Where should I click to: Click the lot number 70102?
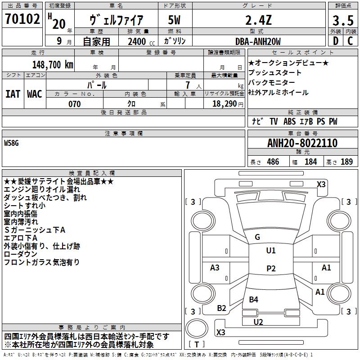22,20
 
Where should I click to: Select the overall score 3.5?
342,20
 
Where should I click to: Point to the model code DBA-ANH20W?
258,41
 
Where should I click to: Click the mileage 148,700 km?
53,64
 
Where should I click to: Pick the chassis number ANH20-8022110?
302,143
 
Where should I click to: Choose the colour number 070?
75,104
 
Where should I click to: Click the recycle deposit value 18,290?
225,104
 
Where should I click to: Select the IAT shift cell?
13,94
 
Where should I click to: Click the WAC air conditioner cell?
35,94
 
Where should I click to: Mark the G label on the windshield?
257,237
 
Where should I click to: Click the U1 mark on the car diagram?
270,251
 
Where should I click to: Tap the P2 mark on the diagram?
270,269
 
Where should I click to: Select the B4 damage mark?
254,299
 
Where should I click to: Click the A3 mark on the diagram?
215,268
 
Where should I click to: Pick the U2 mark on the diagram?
258,322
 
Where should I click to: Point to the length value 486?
273,162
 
